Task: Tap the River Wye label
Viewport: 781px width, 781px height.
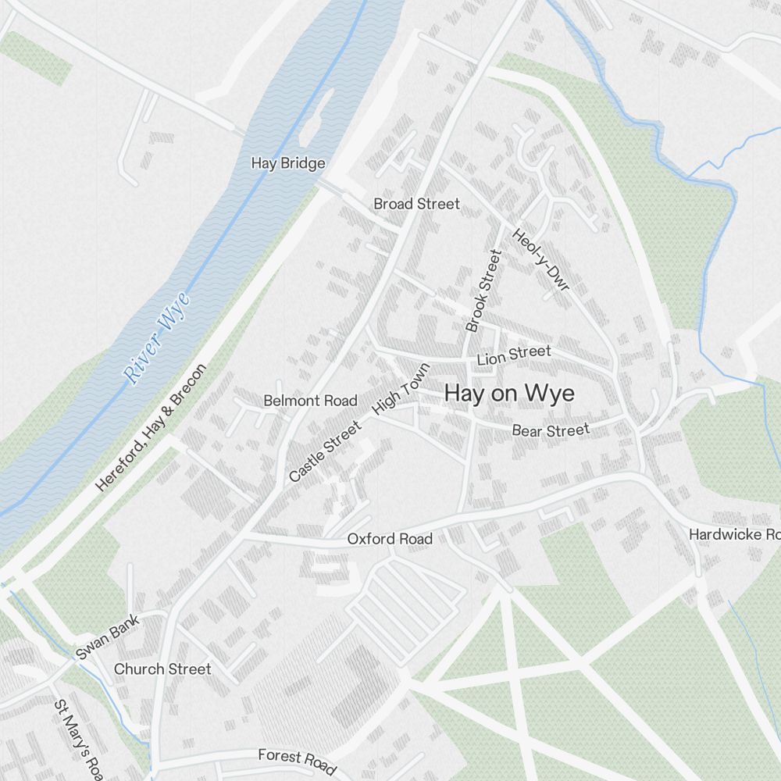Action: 158,337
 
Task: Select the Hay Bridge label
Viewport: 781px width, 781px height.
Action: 287,163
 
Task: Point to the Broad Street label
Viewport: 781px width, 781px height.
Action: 416,204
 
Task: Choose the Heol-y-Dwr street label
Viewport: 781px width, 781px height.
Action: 541,260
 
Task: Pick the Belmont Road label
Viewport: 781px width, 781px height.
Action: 310,401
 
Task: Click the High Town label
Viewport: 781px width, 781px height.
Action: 401,388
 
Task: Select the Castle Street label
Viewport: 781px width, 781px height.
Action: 325,451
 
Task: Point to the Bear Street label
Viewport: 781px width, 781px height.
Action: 551,430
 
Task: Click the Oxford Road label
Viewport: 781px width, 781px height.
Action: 390,539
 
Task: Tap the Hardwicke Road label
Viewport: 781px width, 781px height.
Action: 734,534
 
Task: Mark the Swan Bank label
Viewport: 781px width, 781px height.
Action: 108,637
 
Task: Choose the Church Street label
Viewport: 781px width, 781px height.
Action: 162,669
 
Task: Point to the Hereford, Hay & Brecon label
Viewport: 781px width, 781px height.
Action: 151,427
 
